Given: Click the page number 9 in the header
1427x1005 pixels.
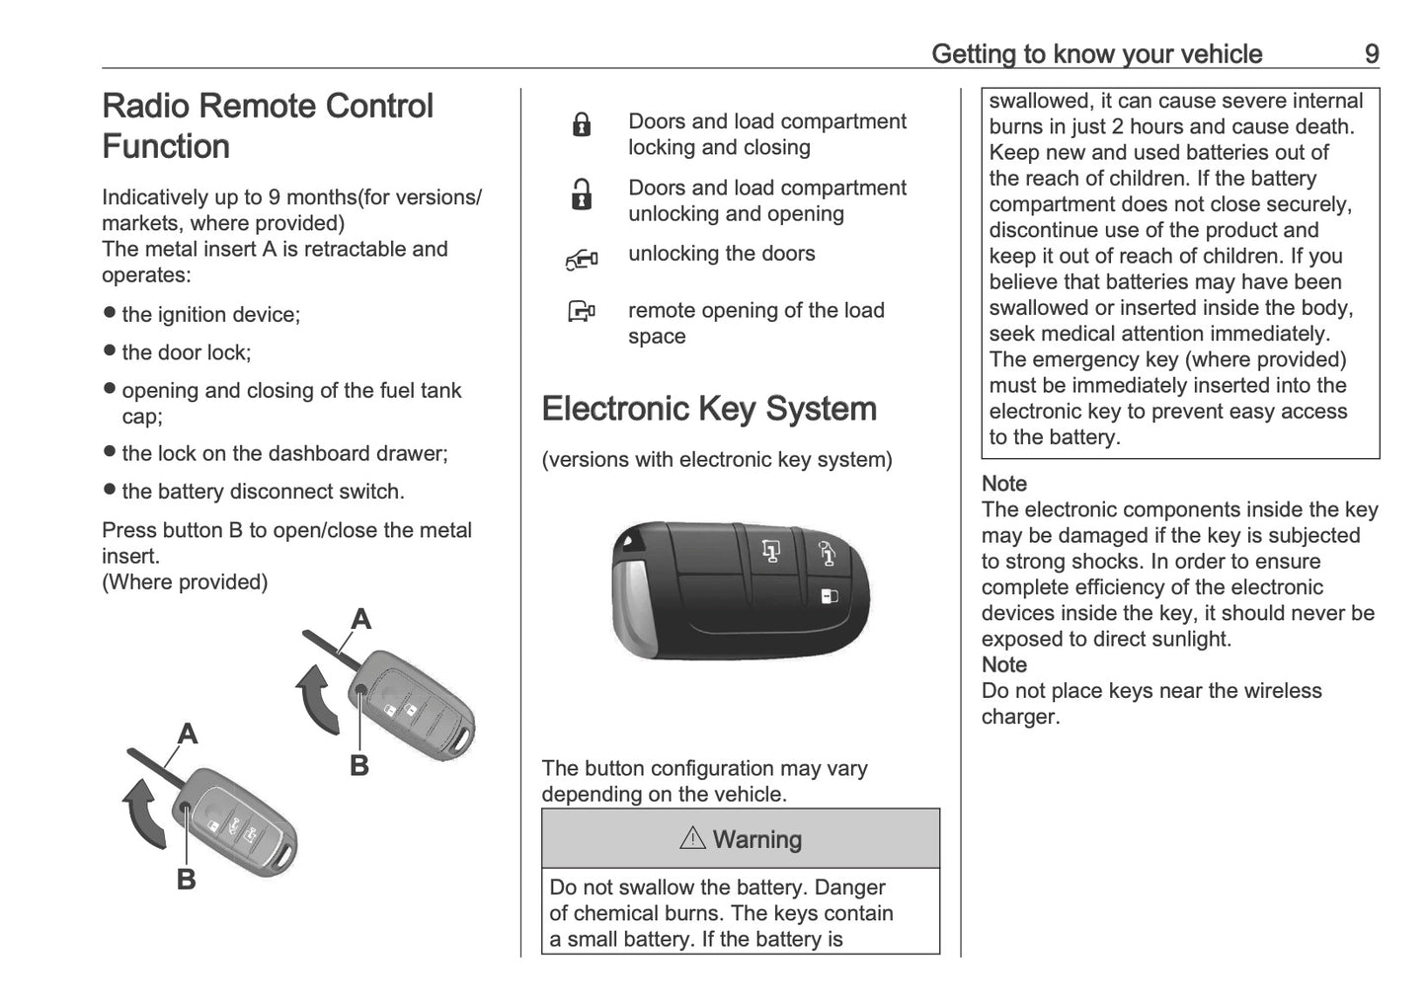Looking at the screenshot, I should click(x=1371, y=53).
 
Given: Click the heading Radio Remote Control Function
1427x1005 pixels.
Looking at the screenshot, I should click(x=268, y=126).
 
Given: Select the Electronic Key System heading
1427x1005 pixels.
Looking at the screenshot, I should click(x=709, y=409).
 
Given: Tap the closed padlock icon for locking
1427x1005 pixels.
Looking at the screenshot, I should click(x=582, y=125).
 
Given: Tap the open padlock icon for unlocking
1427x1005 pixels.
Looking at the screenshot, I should click(x=582, y=194).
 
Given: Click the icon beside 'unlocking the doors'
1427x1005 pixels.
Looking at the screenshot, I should click(x=582, y=260).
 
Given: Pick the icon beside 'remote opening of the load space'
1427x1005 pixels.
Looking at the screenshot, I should click(x=582, y=314).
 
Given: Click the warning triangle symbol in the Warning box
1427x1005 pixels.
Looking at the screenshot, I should click(x=692, y=839).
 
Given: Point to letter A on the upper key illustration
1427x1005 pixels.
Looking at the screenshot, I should click(x=361, y=619).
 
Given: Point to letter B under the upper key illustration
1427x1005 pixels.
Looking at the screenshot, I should click(x=359, y=765).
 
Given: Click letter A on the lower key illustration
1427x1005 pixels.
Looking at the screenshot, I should click(x=188, y=734).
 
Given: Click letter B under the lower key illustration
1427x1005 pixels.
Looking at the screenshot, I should click(x=186, y=879).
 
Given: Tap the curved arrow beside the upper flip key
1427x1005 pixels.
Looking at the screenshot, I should click(x=319, y=699).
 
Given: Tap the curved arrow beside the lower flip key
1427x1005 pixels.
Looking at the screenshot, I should click(x=143, y=812).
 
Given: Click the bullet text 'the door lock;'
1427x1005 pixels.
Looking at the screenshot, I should click(x=186, y=352).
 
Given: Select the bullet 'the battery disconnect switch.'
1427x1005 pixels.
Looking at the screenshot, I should click(x=263, y=492).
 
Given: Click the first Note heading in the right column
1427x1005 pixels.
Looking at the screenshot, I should click(x=1004, y=484).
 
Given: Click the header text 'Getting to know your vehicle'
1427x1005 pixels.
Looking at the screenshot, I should click(x=1096, y=53).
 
